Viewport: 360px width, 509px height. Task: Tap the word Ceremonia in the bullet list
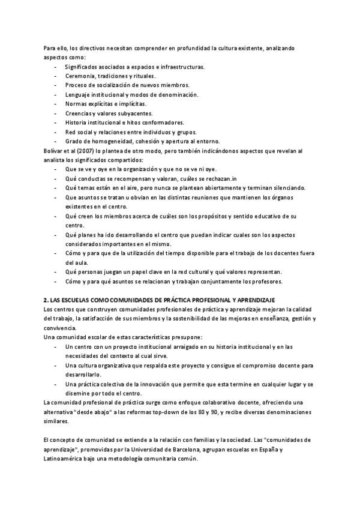pyautogui.click(x=79, y=76)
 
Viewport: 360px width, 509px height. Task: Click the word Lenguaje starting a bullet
pyautogui.click(x=77, y=95)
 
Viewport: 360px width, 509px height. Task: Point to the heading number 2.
pyautogui.click(x=46, y=299)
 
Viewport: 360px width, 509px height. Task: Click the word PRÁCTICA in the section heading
pyautogui.click(x=196, y=299)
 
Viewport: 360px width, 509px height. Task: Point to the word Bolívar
pyautogui.click(x=55, y=151)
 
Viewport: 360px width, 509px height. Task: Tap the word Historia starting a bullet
pyautogui.click(x=77, y=122)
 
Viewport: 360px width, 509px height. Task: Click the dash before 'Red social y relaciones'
pyautogui.click(x=56, y=132)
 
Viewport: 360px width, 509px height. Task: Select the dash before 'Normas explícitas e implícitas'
pyautogui.click(x=56, y=104)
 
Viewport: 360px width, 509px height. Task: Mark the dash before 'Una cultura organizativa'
pyautogui.click(x=56, y=365)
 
